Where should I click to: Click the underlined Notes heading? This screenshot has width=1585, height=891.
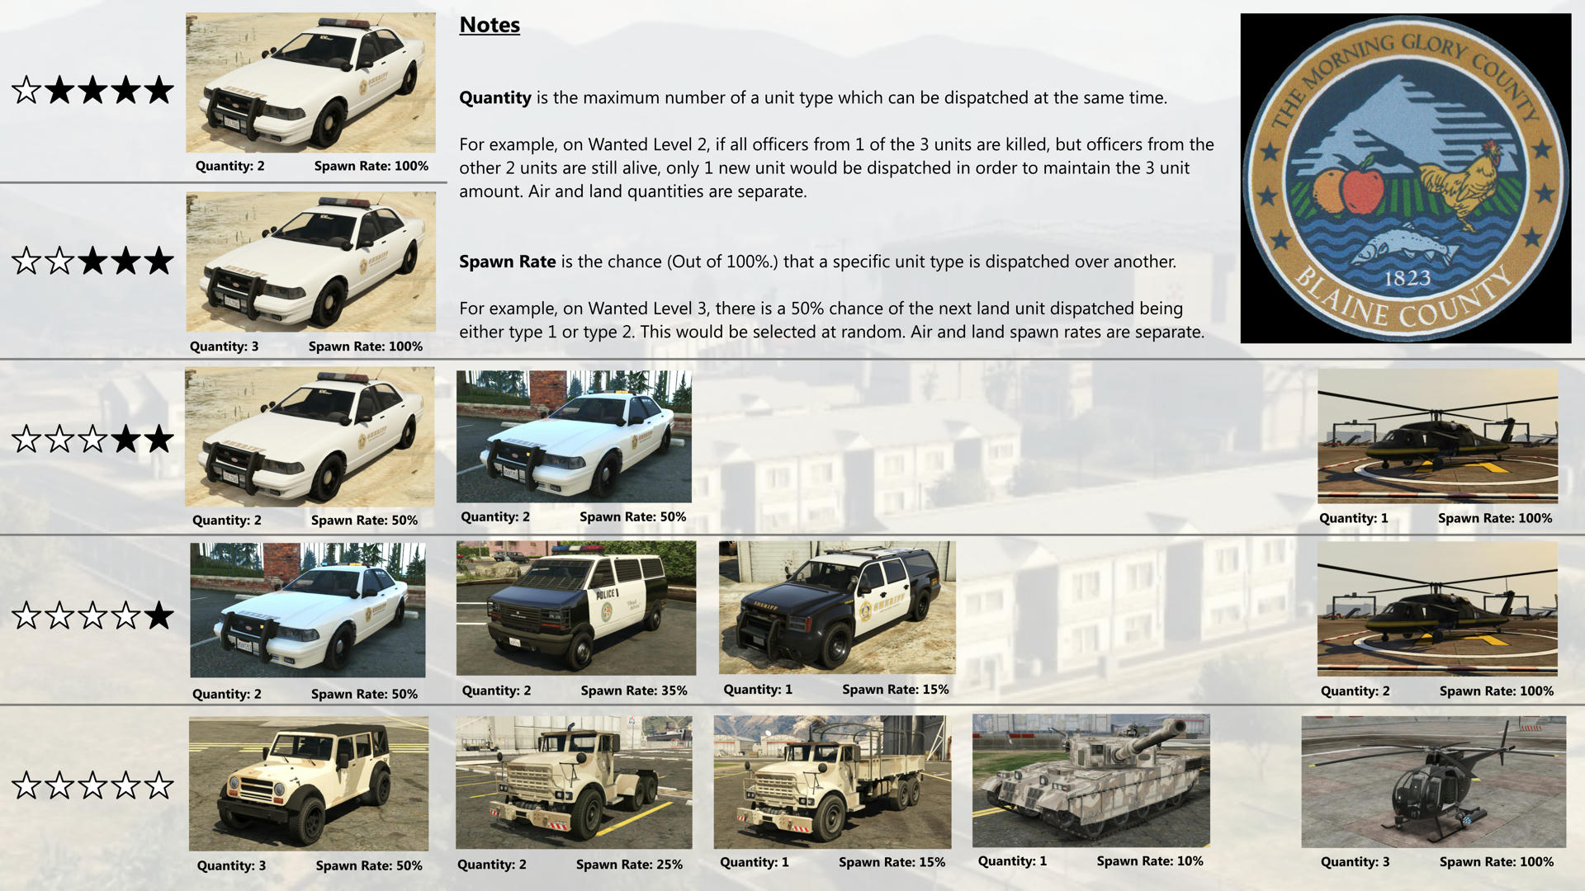click(490, 26)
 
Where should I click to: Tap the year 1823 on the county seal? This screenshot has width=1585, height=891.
click(1407, 278)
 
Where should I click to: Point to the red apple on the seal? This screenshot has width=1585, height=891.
click(1363, 189)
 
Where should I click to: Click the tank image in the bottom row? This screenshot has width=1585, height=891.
click(1091, 780)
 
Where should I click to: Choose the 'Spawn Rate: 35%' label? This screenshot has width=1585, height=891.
click(633, 691)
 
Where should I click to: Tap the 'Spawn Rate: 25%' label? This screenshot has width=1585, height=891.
click(629, 865)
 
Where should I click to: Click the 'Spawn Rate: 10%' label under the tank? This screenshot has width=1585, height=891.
click(1149, 861)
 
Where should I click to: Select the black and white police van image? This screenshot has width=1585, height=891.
click(575, 608)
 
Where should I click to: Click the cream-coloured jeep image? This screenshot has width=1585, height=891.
click(308, 783)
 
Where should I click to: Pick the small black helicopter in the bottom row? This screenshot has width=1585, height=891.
click(1432, 781)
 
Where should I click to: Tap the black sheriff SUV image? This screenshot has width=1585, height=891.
click(836, 607)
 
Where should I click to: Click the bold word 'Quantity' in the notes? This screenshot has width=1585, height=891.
click(494, 98)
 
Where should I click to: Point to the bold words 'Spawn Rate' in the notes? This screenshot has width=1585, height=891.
click(507, 262)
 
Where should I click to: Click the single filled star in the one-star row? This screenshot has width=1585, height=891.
click(158, 615)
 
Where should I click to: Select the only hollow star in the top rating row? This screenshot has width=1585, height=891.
click(26, 90)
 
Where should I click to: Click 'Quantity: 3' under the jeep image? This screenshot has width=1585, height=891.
click(231, 865)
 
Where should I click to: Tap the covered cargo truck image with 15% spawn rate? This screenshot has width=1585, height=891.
click(832, 781)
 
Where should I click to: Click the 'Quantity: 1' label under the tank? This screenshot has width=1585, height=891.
click(1012, 861)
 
